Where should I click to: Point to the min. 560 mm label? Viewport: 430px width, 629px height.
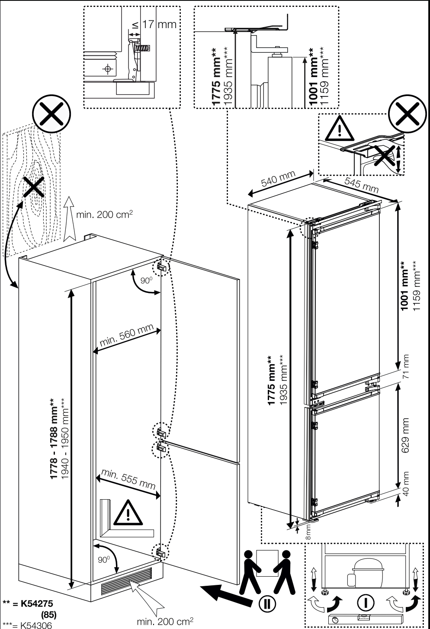(x=127, y=335)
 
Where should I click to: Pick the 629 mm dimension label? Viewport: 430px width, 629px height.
(x=405, y=436)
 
